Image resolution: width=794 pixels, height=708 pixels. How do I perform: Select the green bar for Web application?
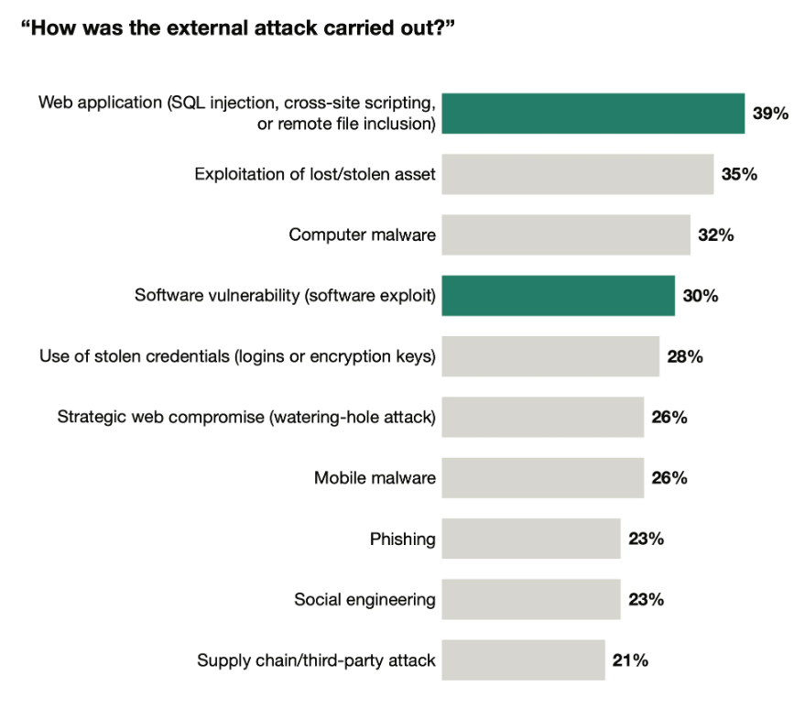[x=593, y=113]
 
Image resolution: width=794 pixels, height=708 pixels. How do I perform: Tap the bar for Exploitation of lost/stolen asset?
[x=577, y=174]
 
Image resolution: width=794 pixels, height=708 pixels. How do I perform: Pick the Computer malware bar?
[x=566, y=235]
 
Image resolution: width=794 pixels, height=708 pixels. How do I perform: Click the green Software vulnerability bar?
[x=558, y=296]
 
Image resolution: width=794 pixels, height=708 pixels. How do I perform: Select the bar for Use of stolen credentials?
[x=550, y=356]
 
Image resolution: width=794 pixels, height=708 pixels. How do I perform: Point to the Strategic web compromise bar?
[x=542, y=418]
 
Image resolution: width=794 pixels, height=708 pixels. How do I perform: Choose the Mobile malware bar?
[x=542, y=478]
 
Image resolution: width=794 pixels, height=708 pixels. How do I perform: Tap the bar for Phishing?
[x=531, y=539]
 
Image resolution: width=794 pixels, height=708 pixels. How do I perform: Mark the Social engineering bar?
[x=531, y=600]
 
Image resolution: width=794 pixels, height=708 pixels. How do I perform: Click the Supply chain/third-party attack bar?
[x=523, y=660]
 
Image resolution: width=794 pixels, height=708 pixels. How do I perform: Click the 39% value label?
[x=770, y=114]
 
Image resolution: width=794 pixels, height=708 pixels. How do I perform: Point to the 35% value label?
[x=739, y=174]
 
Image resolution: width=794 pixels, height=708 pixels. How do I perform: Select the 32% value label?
[x=716, y=235]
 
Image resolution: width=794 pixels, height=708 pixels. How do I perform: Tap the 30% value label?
[x=701, y=296]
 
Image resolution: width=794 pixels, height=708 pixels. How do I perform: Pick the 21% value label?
[x=630, y=660]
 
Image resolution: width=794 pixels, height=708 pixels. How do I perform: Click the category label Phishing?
[x=403, y=539]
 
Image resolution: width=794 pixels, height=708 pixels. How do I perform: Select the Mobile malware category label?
[x=375, y=478]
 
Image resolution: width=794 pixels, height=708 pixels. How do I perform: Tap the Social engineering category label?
[x=365, y=600]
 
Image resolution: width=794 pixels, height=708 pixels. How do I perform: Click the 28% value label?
[x=685, y=356]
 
